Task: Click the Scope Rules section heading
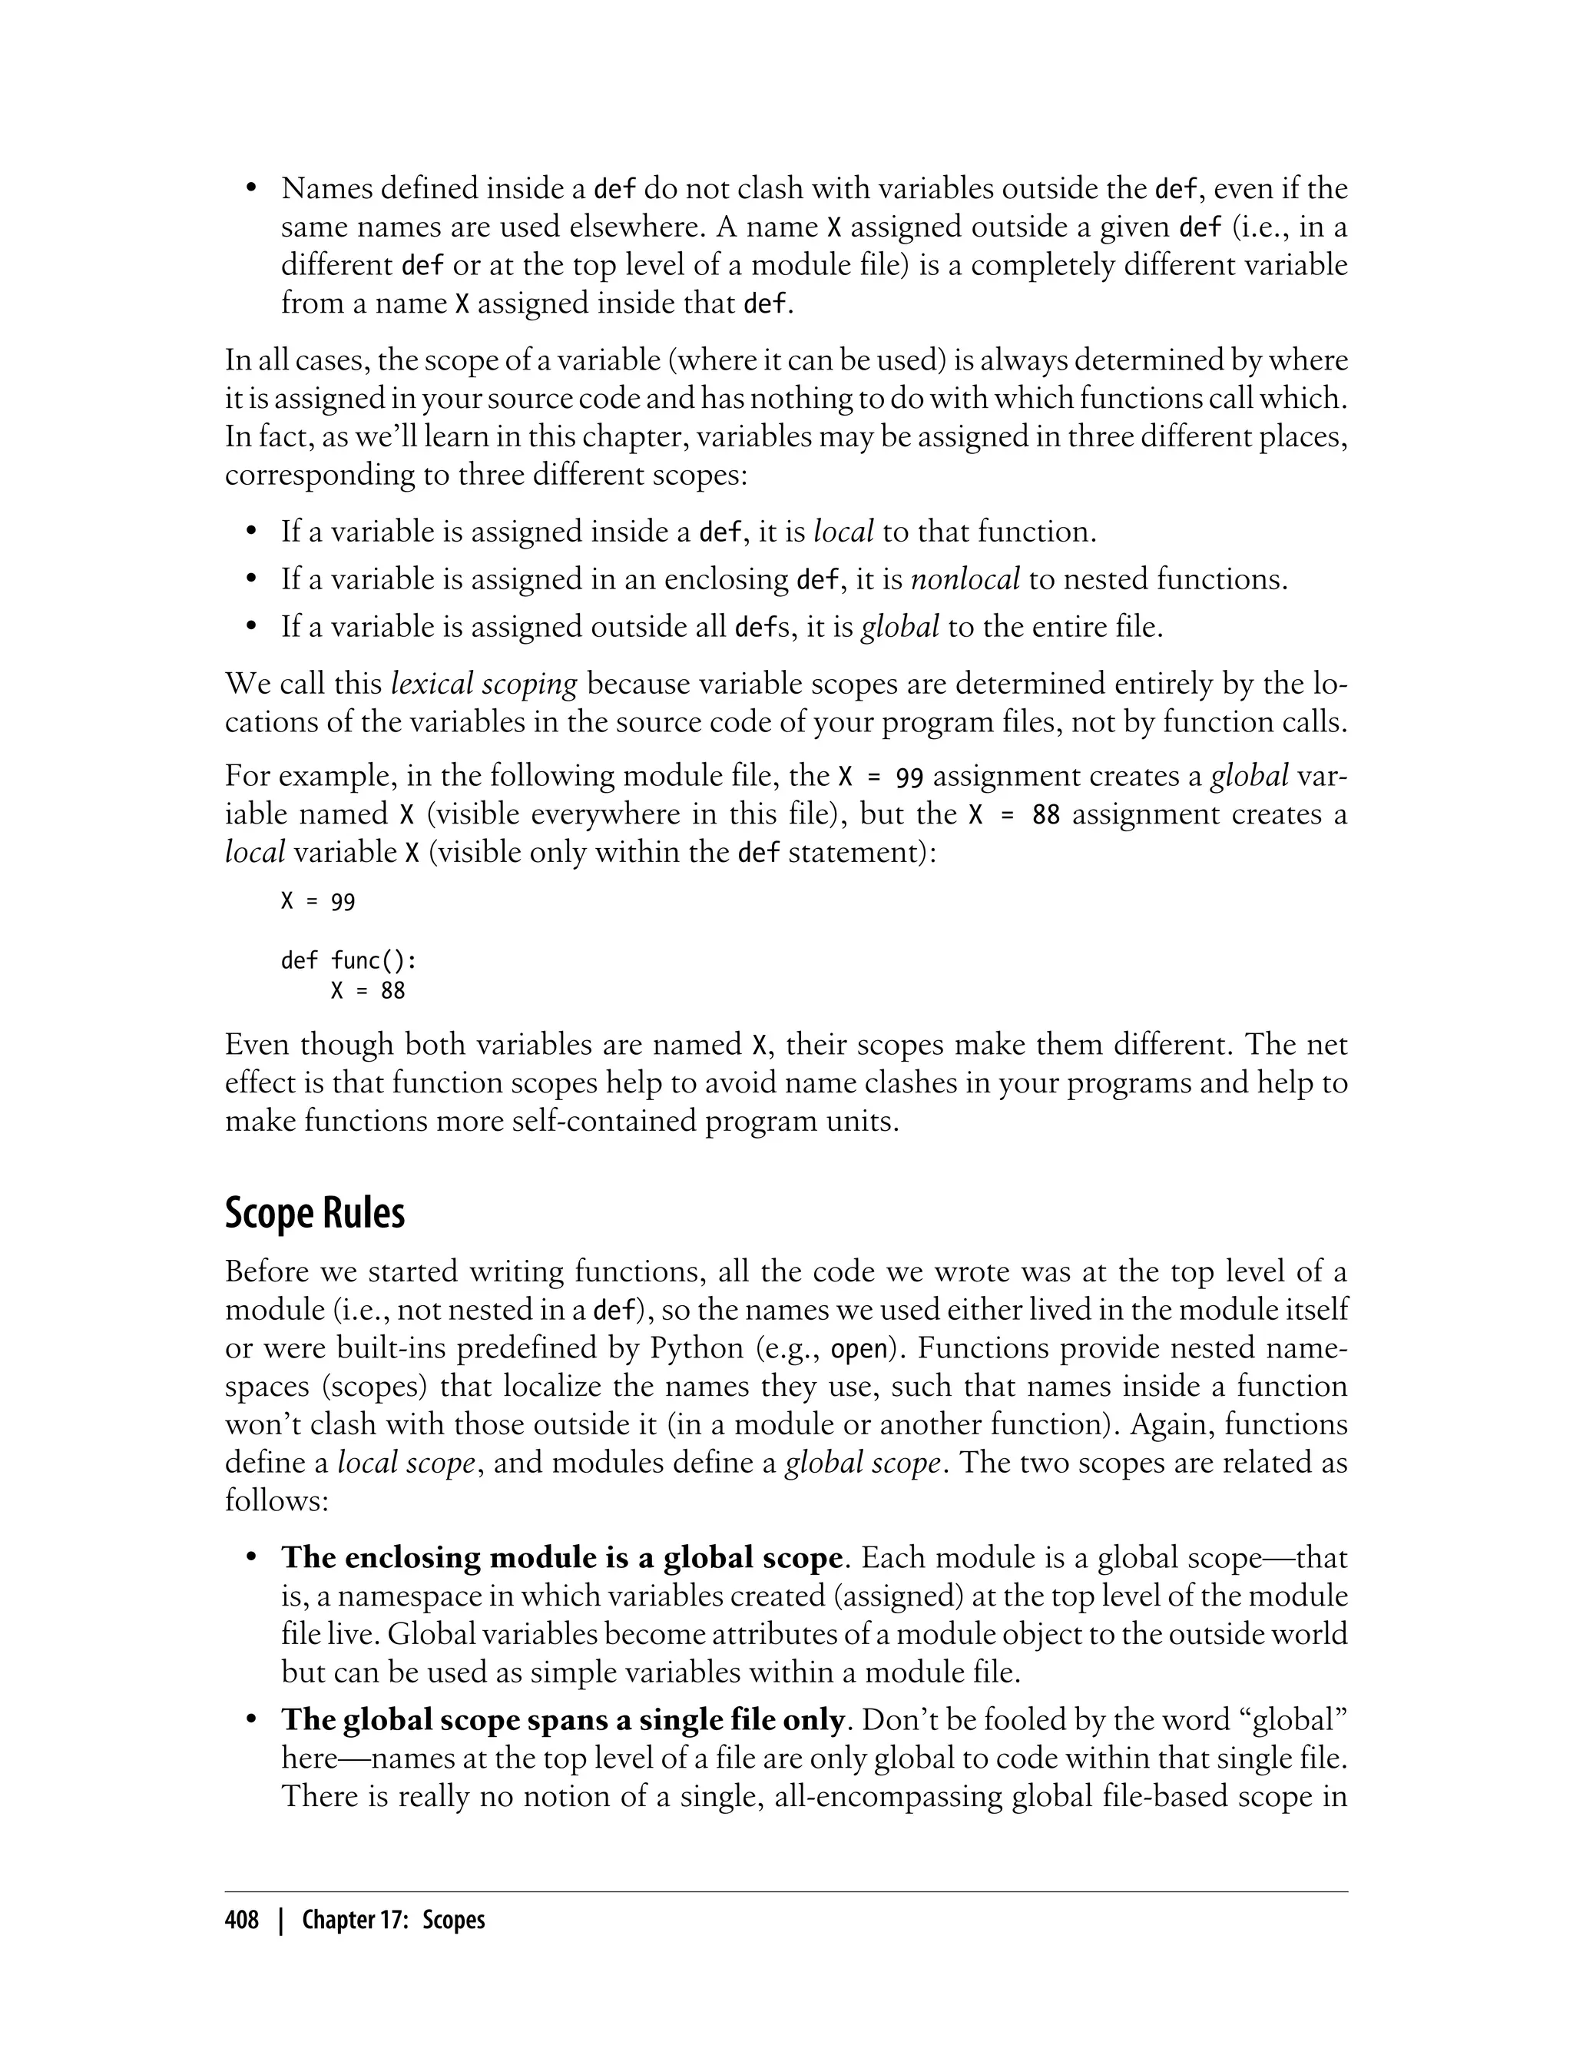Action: click(x=315, y=1214)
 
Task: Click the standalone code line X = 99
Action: click(x=318, y=902)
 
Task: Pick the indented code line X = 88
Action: click(x=368, y=990)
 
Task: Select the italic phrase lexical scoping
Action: click(x=484, y=684)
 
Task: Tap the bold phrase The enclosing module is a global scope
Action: click(x=561, y=1557)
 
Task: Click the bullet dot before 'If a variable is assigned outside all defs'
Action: click(x=251, y=628)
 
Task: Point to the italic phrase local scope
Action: click(x=406, y=1463)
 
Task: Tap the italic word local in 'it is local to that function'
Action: click(x=843, y=532)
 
